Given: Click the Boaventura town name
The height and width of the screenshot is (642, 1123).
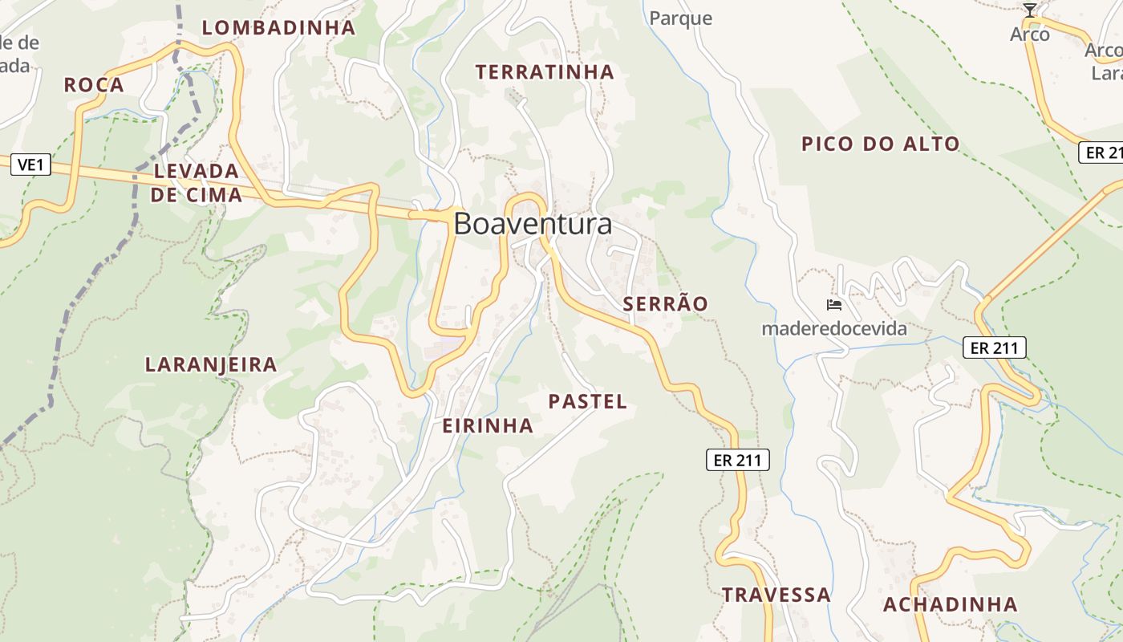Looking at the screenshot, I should pyautogui.click(x=533, y=224).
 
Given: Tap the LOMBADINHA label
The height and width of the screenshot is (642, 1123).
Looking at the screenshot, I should pyautogui.click(x=278, y=28).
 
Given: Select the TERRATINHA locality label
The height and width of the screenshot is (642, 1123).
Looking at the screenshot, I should pyautogui.click(x=545, y=72).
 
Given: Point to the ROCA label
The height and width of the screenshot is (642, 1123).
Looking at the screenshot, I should pyautogui.click(x=94, y=85).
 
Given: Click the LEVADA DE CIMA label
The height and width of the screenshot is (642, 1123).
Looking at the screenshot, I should pyautogui.click(x=197, y=183).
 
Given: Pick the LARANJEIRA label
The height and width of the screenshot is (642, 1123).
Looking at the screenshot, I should pyautogui.click(x=211, y=365).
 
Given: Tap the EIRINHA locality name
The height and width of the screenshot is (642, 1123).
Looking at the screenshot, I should pyautogui.click(x=488, y=426).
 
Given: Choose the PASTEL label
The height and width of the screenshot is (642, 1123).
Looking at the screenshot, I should pyautogui.click(x=588, y=402).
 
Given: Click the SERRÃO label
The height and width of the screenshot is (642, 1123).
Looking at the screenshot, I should pyautogui.click(x=666, y=304).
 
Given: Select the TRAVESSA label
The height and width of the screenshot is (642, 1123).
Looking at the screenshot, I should pyautogui.click(x=776, y=595).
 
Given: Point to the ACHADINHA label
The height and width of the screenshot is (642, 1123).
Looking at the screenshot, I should pyautogui.click(x=951, y=605).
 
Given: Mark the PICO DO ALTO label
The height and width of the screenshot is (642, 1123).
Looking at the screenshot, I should pyautogui.click(x=881, y=144).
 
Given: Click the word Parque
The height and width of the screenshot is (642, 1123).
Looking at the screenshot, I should pyautogui.click(x=681, y=18).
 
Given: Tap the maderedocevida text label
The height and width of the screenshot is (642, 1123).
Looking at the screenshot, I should pyautogui.click(x=834, y=328).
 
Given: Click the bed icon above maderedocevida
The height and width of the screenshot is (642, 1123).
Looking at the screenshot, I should pyautogui.click(x=834, y=305).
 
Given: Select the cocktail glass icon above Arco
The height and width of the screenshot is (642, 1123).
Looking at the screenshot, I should pyautogui.click(x=1030, y=10).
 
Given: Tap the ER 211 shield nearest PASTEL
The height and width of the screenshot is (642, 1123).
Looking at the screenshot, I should pyautogui.click(x=738, y=460).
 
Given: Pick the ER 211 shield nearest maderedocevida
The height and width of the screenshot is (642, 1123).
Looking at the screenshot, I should pyautogui.click(x=995, y=347).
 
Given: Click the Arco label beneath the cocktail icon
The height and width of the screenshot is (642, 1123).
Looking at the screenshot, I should pyautogui.click(x=1030, y=35).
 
